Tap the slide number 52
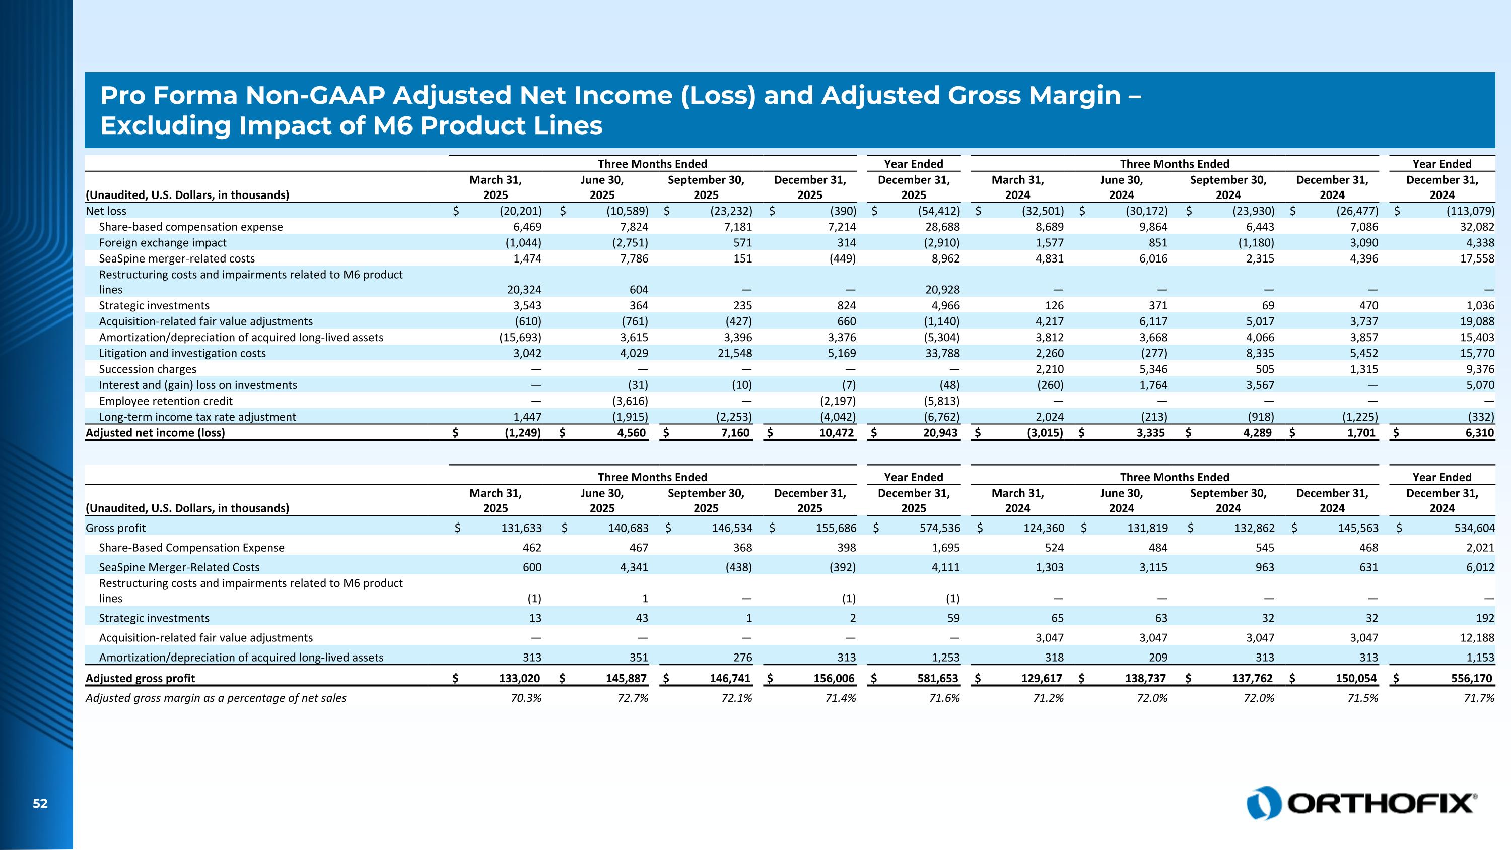(x=40, y=804)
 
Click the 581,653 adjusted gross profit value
(x=937, y=678)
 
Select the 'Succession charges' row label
(x=147, y=369)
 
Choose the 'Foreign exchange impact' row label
(x=163, y=243)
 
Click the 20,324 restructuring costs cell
(x=524, y=290)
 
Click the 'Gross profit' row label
(x=115, y=528)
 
